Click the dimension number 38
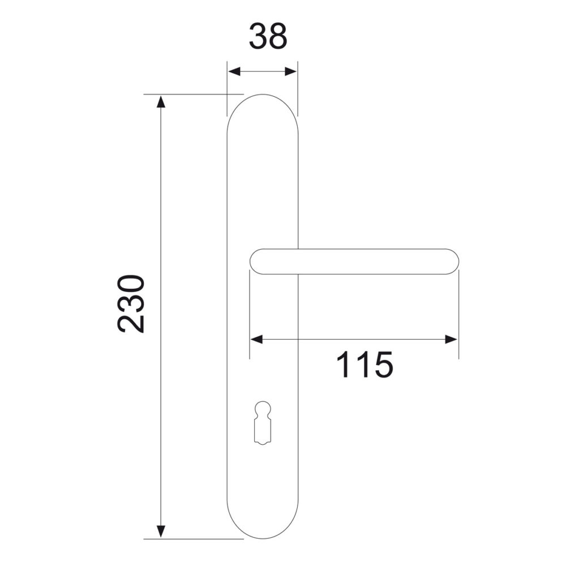(268, 36)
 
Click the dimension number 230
(131, 303)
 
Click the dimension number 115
(365, 365)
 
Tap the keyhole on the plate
(263, 423)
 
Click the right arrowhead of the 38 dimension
(290, 71)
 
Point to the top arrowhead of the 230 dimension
(161, 101)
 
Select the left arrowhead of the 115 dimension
(256, 339)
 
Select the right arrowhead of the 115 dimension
(451, 339)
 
